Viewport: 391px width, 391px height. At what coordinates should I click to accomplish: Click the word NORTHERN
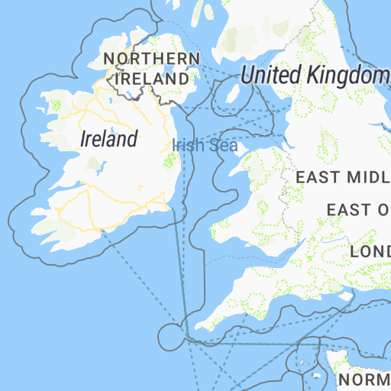151,59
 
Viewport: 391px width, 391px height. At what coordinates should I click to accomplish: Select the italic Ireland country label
110,139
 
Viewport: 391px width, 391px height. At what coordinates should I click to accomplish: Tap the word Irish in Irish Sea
186,145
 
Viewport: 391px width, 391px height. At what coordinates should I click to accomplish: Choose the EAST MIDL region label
342,177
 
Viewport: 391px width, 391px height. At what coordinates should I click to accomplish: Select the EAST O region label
357,209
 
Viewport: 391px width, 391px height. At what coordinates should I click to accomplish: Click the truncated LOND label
370,251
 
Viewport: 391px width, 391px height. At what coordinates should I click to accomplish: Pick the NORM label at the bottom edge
364,380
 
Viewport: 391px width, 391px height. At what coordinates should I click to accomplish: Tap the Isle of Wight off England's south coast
345,297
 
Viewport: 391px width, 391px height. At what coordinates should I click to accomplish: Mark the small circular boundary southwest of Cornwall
170,334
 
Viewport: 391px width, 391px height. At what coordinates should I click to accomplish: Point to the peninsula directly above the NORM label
337,359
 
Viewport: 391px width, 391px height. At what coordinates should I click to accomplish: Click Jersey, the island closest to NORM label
317,376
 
